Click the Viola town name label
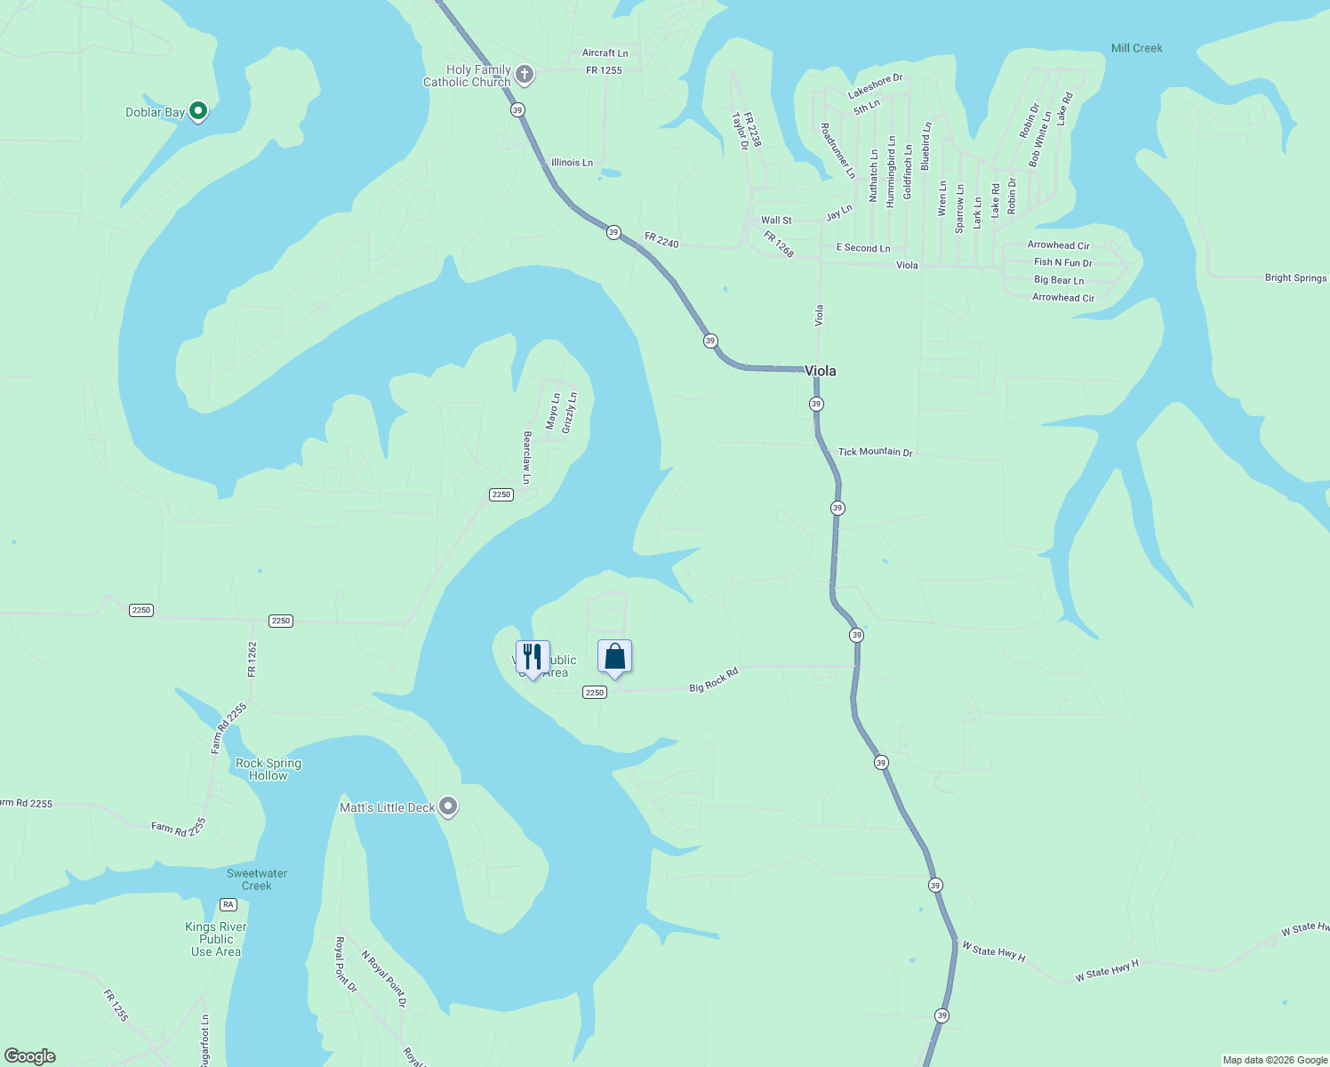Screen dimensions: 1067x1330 (x=820, y=371)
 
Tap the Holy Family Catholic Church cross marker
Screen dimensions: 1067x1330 (x=525, y=75)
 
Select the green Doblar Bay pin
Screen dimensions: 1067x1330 (x=198, y=111)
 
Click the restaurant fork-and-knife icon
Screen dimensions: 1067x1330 (x=533, y=657)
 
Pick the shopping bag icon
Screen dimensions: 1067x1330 (x=614, y=657)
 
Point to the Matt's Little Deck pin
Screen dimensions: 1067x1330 (x=448, y=806)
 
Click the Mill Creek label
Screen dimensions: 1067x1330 (x=1136, y=48)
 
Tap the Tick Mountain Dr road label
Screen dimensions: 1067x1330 (x=875, y=452)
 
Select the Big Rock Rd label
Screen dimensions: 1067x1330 (x=714, y=680)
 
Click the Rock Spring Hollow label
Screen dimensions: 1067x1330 (x=268, y=769)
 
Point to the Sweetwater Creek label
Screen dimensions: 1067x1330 (x=256, y=879)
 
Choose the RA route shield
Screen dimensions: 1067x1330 (x=228, y=904)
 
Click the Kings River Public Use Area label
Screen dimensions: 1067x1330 (x=216, y=939)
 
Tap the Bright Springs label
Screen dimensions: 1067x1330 (x=1295, y=277)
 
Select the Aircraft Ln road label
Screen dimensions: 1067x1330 (x=605, y=53)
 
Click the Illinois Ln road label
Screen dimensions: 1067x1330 (x=572, y=163)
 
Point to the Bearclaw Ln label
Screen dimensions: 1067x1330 (x=527, y=457)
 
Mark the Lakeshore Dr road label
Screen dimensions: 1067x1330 (x=875, y=86)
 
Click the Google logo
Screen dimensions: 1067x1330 (x=30, y=1056)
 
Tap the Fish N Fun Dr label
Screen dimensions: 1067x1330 (x=1062, y=262)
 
